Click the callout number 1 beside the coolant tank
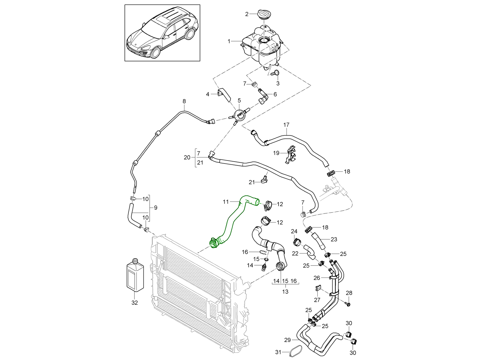point(229,41)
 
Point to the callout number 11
point(226,202)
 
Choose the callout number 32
point(134,303)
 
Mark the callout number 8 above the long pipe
point(184,101)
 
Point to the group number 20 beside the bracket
point(187,157)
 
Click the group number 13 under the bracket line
point(285,291)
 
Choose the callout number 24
point(294,231)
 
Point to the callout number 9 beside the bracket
point(155,208)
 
